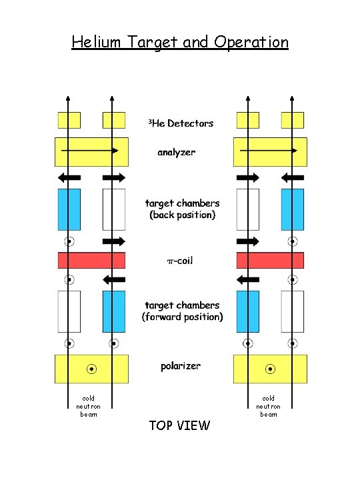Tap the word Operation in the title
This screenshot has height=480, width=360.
tap(251, 42)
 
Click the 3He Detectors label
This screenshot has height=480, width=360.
tap(181, 123)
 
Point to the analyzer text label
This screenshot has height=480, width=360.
tap(177, 153)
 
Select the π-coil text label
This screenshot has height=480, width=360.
tap(179, 261)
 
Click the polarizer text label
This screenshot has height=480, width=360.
tap(181, 366)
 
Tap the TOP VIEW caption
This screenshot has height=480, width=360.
tap(180, 425)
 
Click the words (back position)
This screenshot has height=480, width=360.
tap(183, 215)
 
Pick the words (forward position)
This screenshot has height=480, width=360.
tap(183, 317)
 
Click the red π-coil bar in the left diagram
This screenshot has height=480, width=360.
tap(91, 260)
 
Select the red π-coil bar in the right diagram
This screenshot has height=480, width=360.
tap(270, 260)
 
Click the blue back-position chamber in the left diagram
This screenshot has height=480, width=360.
tap(69, 209)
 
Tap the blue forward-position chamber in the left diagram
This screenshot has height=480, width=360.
tap(114, 311)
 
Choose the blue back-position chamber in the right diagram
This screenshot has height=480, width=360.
tap(292, 209)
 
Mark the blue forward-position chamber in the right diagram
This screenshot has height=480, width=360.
tap(248, 311)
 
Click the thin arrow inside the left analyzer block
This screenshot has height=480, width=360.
tap(90, 151)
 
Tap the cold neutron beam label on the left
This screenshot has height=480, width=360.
tap(89, 406)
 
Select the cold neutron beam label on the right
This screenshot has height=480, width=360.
tap(269, 406)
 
